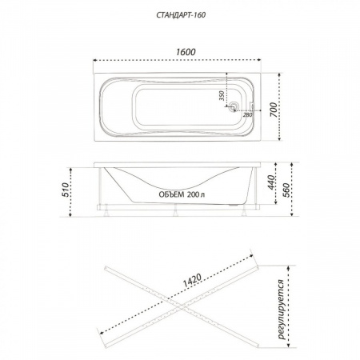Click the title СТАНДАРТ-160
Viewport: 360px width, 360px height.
(181, 15)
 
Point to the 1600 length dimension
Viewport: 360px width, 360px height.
(186, 52)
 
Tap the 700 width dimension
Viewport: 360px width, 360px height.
(274, 110)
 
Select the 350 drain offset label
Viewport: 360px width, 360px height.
(222, 95)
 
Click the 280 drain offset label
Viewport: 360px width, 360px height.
(247, 114)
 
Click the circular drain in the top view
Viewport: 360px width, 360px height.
(234, 106)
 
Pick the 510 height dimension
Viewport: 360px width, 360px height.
(66, 190)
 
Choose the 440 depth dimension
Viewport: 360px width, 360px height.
(271, 182)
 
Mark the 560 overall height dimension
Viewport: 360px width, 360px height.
(286, 190)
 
